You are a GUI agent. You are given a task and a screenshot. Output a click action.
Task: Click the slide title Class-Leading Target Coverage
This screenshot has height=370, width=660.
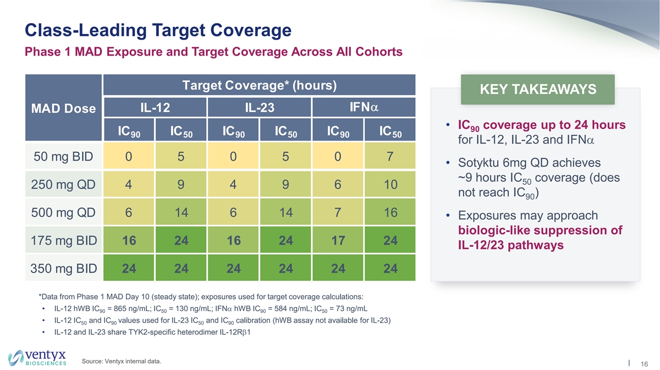158,30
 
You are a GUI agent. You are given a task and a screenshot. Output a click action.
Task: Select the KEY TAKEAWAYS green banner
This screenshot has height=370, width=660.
537,90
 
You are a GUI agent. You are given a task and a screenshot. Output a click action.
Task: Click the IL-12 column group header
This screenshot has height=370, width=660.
155,108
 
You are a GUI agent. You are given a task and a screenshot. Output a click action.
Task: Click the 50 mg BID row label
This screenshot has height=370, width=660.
63,156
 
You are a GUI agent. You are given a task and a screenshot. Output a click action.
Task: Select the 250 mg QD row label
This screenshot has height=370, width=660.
63,185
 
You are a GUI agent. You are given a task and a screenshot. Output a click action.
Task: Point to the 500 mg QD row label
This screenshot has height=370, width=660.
63,213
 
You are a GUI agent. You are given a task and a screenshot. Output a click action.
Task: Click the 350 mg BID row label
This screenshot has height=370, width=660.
63,269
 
